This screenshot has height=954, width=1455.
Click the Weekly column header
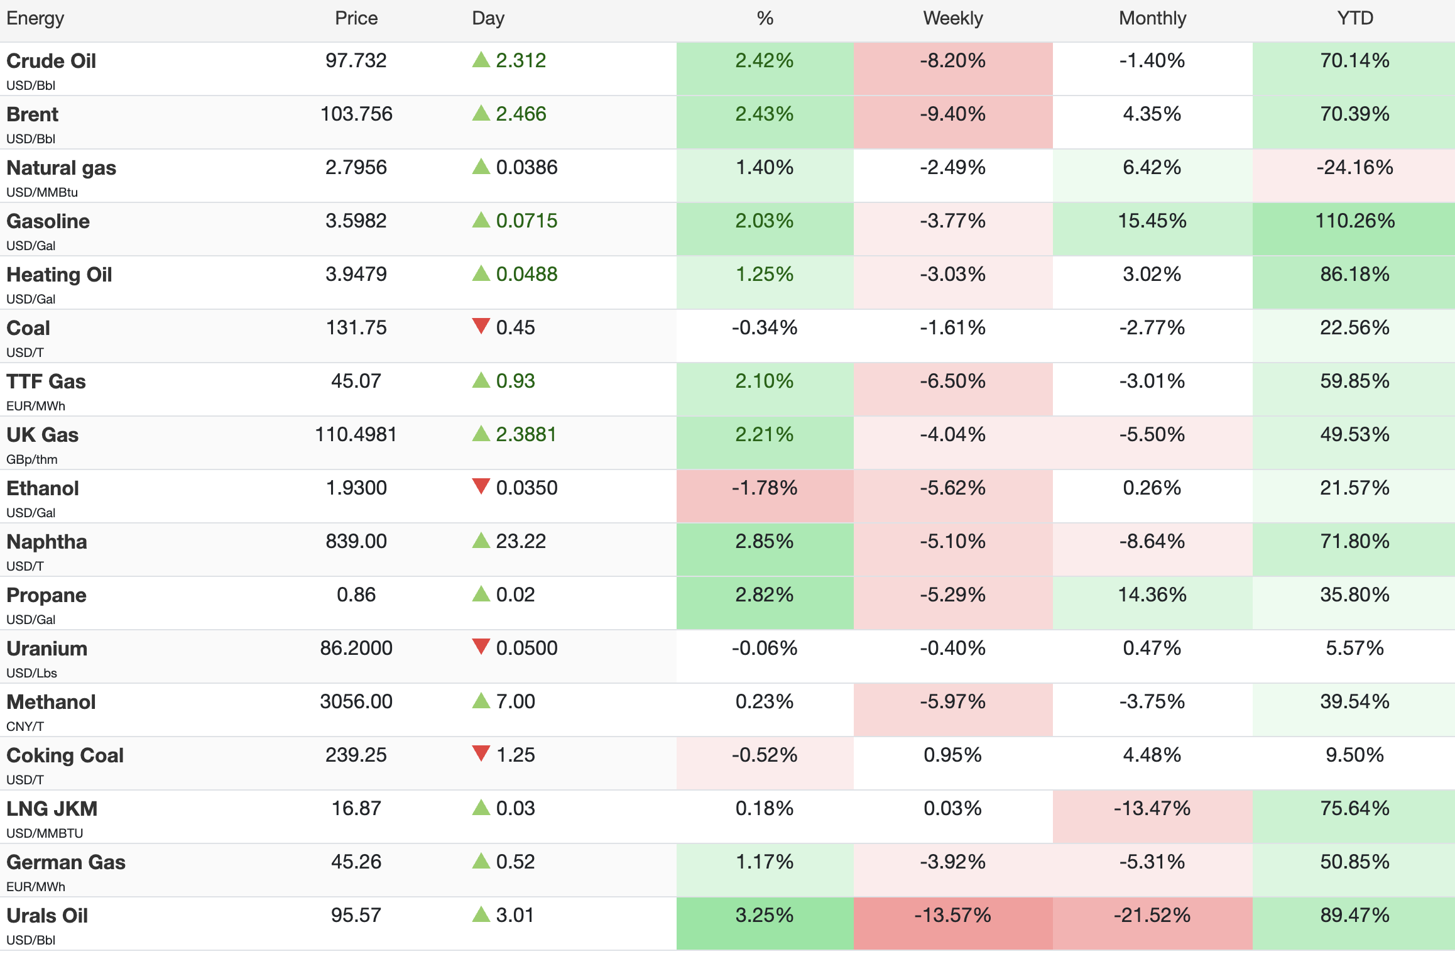tap(952, 18)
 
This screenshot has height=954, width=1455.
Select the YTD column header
tap(1355, 18)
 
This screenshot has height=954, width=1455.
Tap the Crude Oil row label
tap(51, 61)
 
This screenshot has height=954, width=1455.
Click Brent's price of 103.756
tap(356, 114)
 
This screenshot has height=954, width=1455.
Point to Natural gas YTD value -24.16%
tap(1354, 167)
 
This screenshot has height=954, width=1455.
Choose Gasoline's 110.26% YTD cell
tap(1354, 221)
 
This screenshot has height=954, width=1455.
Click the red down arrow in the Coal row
tap(481, 326)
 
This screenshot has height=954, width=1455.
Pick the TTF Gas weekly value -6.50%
tap(952, 381)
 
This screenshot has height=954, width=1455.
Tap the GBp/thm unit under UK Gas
tap(31, 459)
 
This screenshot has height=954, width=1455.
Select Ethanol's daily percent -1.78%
tap(764, 488)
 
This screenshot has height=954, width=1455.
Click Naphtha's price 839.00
tap(356, 541)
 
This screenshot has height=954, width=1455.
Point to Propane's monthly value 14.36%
tap(1152, 595)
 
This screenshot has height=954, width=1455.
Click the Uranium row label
tap(46, 649)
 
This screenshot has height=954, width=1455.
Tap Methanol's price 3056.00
tap(356, 701)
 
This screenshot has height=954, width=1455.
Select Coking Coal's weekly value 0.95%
tap(952, 755)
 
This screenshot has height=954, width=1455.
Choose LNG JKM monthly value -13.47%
tap(1152, 808)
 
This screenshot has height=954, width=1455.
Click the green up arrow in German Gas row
tap(481, 860)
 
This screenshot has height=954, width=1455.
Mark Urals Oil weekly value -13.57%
tap(952, 915)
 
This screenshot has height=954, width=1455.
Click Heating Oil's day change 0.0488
tap(526, 274)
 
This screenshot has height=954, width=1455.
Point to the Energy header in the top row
tap(35, 19)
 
